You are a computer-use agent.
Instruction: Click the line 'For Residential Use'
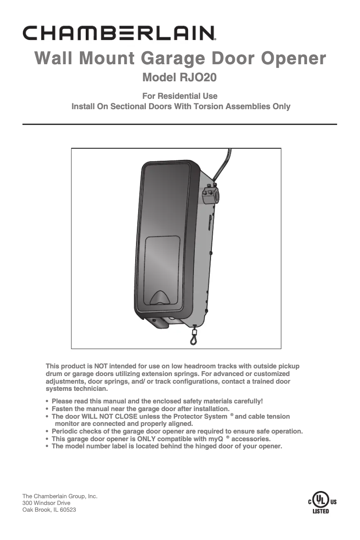click(x=180, y=96)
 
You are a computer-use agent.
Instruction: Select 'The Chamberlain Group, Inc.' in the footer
click(x=60, y=496)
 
